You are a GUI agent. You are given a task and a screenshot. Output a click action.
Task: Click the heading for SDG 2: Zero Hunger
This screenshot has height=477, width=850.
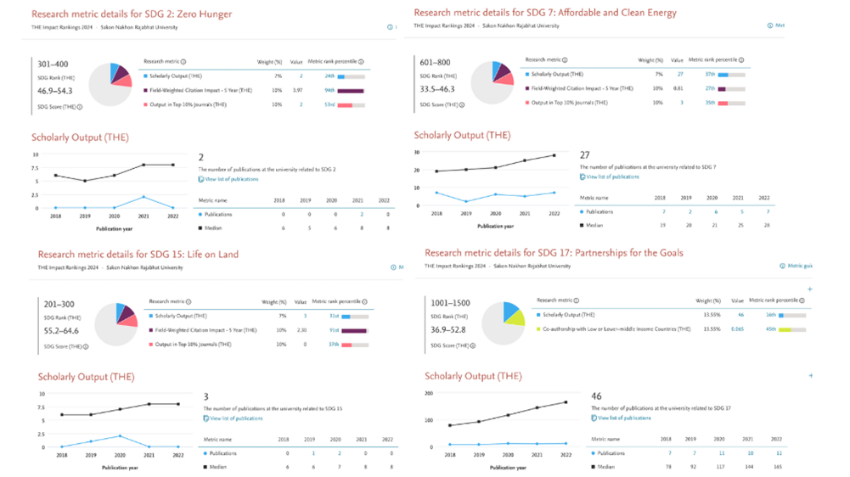coord(132,14)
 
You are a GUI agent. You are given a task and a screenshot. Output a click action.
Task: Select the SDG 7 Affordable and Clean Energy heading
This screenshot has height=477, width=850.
coord(545,13)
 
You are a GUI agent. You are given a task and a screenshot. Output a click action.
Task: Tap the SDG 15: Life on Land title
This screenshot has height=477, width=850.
coord(138,254)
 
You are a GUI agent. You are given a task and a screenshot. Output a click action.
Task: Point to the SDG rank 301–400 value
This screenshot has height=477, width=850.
coord(53,65)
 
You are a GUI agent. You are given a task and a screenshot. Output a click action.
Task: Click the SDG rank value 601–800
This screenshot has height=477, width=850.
coord(436,62)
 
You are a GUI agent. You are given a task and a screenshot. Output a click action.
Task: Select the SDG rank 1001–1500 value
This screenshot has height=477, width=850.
coord(451,303)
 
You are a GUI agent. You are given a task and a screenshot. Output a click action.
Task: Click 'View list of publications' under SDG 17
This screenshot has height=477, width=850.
coord(624,418)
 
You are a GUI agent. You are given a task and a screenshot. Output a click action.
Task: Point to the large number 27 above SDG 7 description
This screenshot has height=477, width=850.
coord(585,155)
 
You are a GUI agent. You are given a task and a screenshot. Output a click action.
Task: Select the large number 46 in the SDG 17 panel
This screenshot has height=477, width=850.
coord(597,396)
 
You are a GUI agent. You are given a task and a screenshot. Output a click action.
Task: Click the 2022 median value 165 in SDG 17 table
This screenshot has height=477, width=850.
coord(778,467)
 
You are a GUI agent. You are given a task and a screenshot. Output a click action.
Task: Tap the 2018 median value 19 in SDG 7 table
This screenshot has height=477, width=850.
coord(663,225)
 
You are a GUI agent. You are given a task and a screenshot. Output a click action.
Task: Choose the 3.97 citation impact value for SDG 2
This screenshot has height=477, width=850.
coord(297,90)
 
